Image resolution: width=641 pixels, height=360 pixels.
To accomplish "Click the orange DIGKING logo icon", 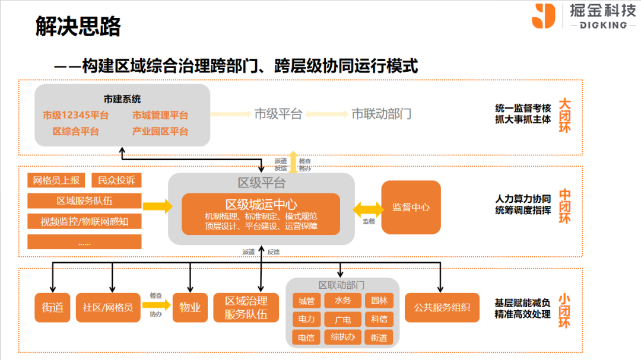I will tap(543, 16).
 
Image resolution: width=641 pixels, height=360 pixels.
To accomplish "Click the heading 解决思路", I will tap(78, 27).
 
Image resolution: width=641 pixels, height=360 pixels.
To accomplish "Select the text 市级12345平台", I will tap(75, 115).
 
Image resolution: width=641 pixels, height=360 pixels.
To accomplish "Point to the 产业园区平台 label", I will tap(160, 131).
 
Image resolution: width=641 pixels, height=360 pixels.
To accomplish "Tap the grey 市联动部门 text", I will tap(381, 114).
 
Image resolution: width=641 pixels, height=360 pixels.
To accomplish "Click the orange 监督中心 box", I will tap(411, 208).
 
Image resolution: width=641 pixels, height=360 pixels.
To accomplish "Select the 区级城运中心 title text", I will tap(261, 204).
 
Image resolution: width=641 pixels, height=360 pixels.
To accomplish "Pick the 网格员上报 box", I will tap(57, 180).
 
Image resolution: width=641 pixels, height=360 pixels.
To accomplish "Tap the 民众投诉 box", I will tap(116, 180).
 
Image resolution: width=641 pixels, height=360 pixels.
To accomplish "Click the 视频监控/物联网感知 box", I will tap(84, 222).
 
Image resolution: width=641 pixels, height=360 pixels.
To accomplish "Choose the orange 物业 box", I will tap(190, 307).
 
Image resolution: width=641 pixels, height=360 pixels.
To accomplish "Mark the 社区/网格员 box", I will tap(107, 307).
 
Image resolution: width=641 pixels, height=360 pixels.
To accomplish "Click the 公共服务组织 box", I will tap(442, 307).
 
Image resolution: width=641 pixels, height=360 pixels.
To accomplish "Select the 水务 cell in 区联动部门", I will tap(342, 301).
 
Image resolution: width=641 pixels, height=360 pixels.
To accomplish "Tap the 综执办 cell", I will tap(342, 337).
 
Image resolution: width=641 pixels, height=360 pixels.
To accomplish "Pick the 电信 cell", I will tap(306, 337).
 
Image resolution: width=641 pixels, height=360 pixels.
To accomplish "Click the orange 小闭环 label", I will tap(564, 311).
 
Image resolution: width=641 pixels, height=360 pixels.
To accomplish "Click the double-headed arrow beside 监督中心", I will tap(368, 208).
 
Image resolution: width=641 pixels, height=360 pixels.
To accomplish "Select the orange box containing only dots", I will tap(84, 242).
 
